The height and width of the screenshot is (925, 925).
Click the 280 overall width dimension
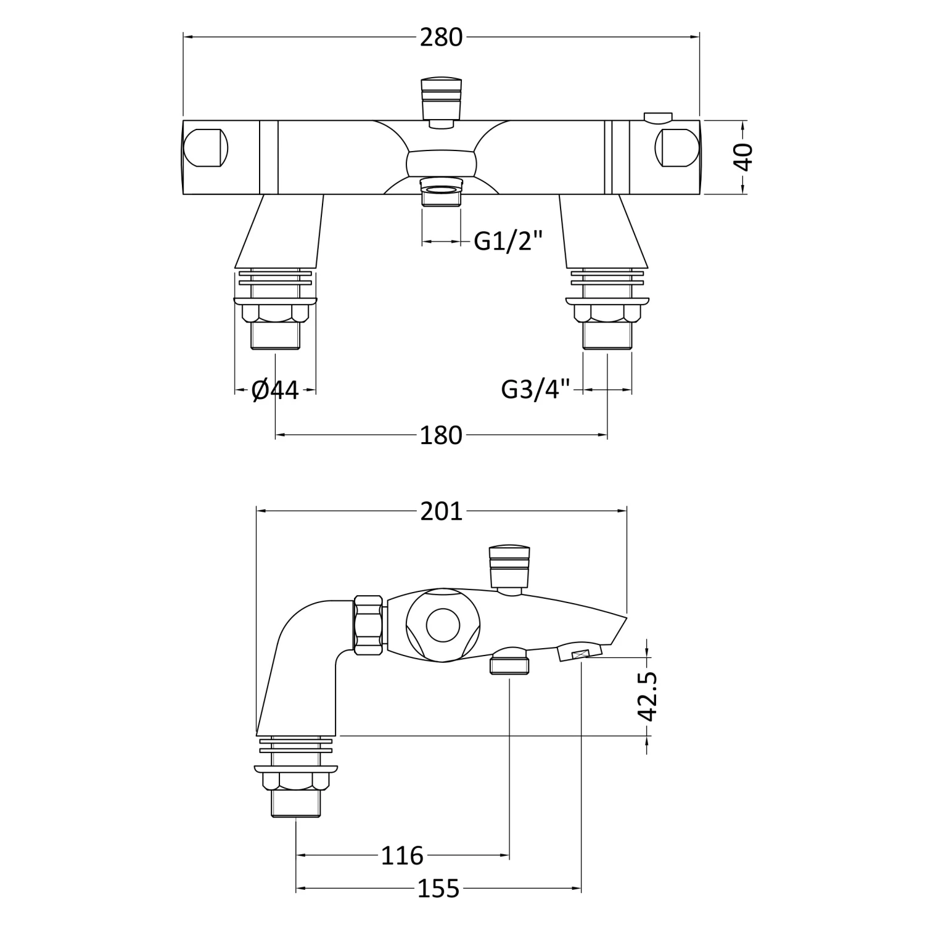coord(441,38)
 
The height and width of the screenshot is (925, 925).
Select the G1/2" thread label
coord(509,241)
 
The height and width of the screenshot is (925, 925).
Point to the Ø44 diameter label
coord(276,390)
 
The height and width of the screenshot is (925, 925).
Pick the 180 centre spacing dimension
coord(441,435)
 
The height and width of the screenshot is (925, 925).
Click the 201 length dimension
coord(441,511)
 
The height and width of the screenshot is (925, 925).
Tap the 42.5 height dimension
coord(647,696)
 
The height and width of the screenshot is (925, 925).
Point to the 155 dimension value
coord(439,889)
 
